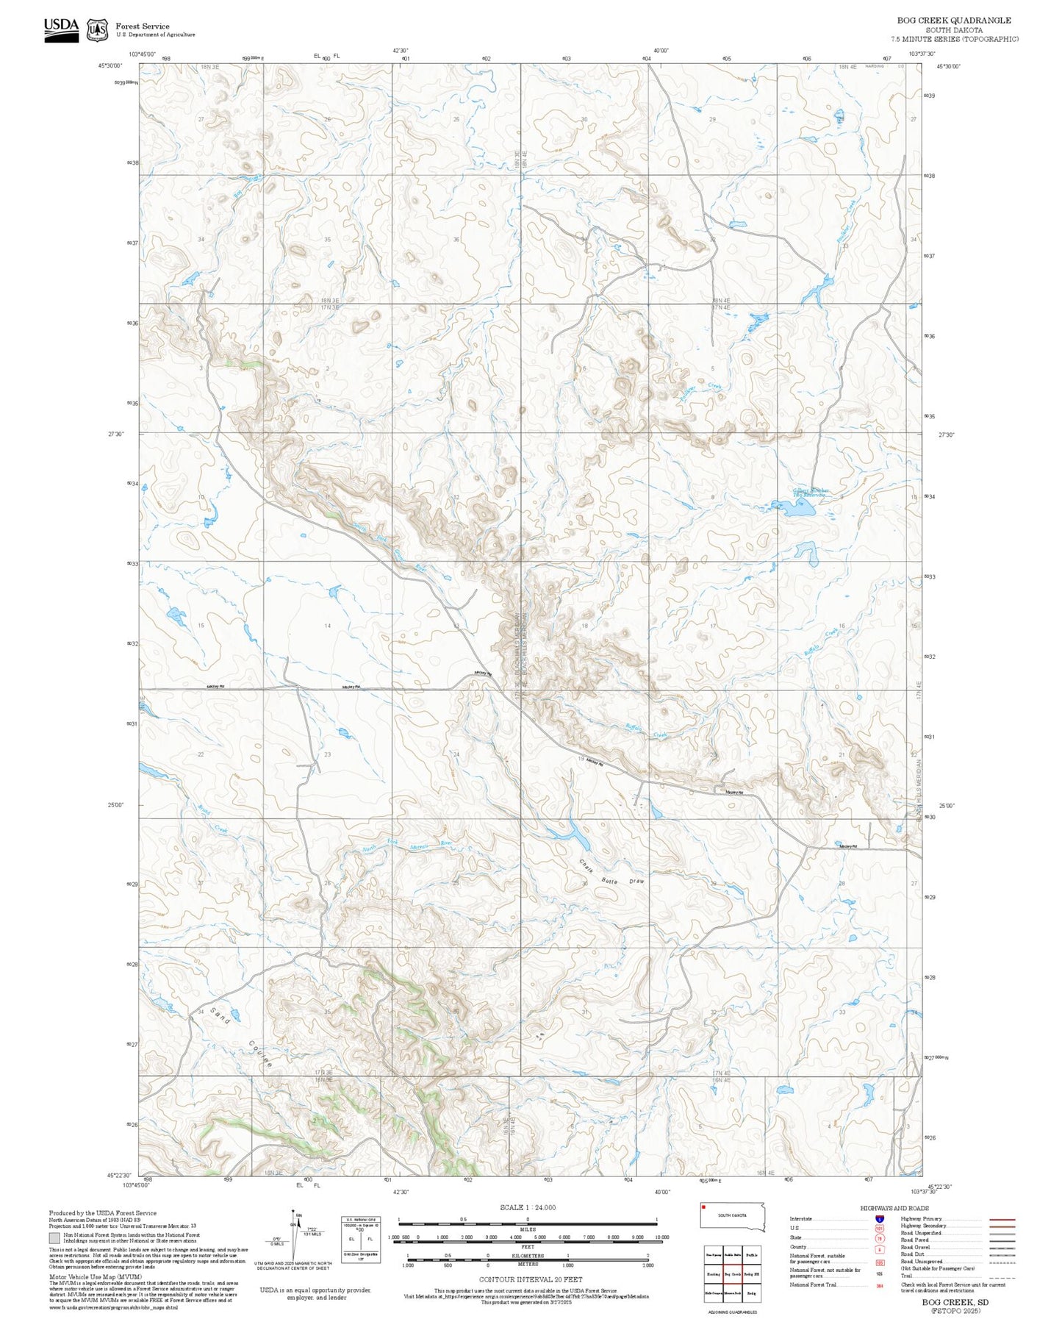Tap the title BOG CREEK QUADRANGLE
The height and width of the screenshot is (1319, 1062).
(954, 21)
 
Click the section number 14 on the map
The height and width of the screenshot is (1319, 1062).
(328, 626)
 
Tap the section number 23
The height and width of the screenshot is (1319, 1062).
(328, 754)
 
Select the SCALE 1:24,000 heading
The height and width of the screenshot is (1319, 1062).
(528, 1207)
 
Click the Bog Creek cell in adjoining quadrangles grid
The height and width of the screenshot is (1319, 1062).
(732, 1274)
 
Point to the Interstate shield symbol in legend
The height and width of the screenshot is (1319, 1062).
(879, 1218)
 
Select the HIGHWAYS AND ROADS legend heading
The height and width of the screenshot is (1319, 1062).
(894, 1208)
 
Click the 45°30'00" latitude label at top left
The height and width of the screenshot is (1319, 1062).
(108, 66)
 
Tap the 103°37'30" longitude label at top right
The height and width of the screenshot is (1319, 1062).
(922, 54)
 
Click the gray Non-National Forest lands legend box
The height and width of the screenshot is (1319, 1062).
(54, 1237)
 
